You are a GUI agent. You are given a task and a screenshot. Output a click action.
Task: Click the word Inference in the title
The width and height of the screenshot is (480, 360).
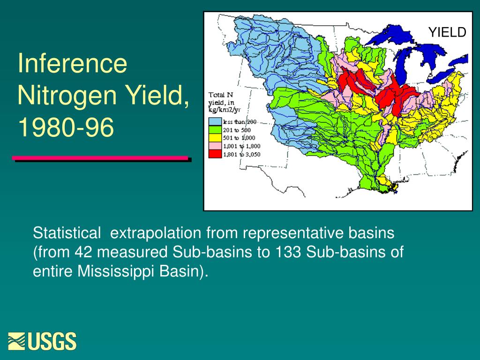[72, 63]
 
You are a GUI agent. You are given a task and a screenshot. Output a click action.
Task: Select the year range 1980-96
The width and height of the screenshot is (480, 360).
[66, 127]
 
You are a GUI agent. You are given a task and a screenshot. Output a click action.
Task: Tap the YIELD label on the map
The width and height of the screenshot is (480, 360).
[447, 32]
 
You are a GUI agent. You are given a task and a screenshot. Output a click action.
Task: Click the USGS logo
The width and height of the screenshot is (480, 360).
[42, 341]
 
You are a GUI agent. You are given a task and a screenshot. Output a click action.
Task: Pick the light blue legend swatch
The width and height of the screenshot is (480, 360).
[215, 121]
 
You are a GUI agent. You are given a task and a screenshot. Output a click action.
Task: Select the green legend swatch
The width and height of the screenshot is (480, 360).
[215, 130]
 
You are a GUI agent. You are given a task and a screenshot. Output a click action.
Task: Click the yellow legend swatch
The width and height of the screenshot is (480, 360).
[215, 138]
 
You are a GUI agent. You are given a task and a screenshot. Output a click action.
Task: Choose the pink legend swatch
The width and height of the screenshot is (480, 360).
[215, 146]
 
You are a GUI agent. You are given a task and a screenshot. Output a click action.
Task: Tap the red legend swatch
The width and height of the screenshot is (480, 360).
[215, 154]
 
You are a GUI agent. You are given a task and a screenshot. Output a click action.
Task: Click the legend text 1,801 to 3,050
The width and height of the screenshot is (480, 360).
[242, 154]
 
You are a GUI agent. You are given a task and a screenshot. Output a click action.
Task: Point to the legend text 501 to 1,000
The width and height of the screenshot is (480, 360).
[239, 138]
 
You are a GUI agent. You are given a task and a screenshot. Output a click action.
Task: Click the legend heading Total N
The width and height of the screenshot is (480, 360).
[221, 95]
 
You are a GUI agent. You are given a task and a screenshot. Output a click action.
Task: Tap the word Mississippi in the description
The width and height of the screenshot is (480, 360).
[115, 271]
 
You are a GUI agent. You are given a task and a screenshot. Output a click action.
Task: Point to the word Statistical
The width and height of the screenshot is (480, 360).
[67, 233]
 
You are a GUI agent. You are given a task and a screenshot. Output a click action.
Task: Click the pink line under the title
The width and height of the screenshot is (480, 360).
[100, 158]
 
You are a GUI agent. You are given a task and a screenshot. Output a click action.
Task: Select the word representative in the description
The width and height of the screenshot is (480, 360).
[293, 233]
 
